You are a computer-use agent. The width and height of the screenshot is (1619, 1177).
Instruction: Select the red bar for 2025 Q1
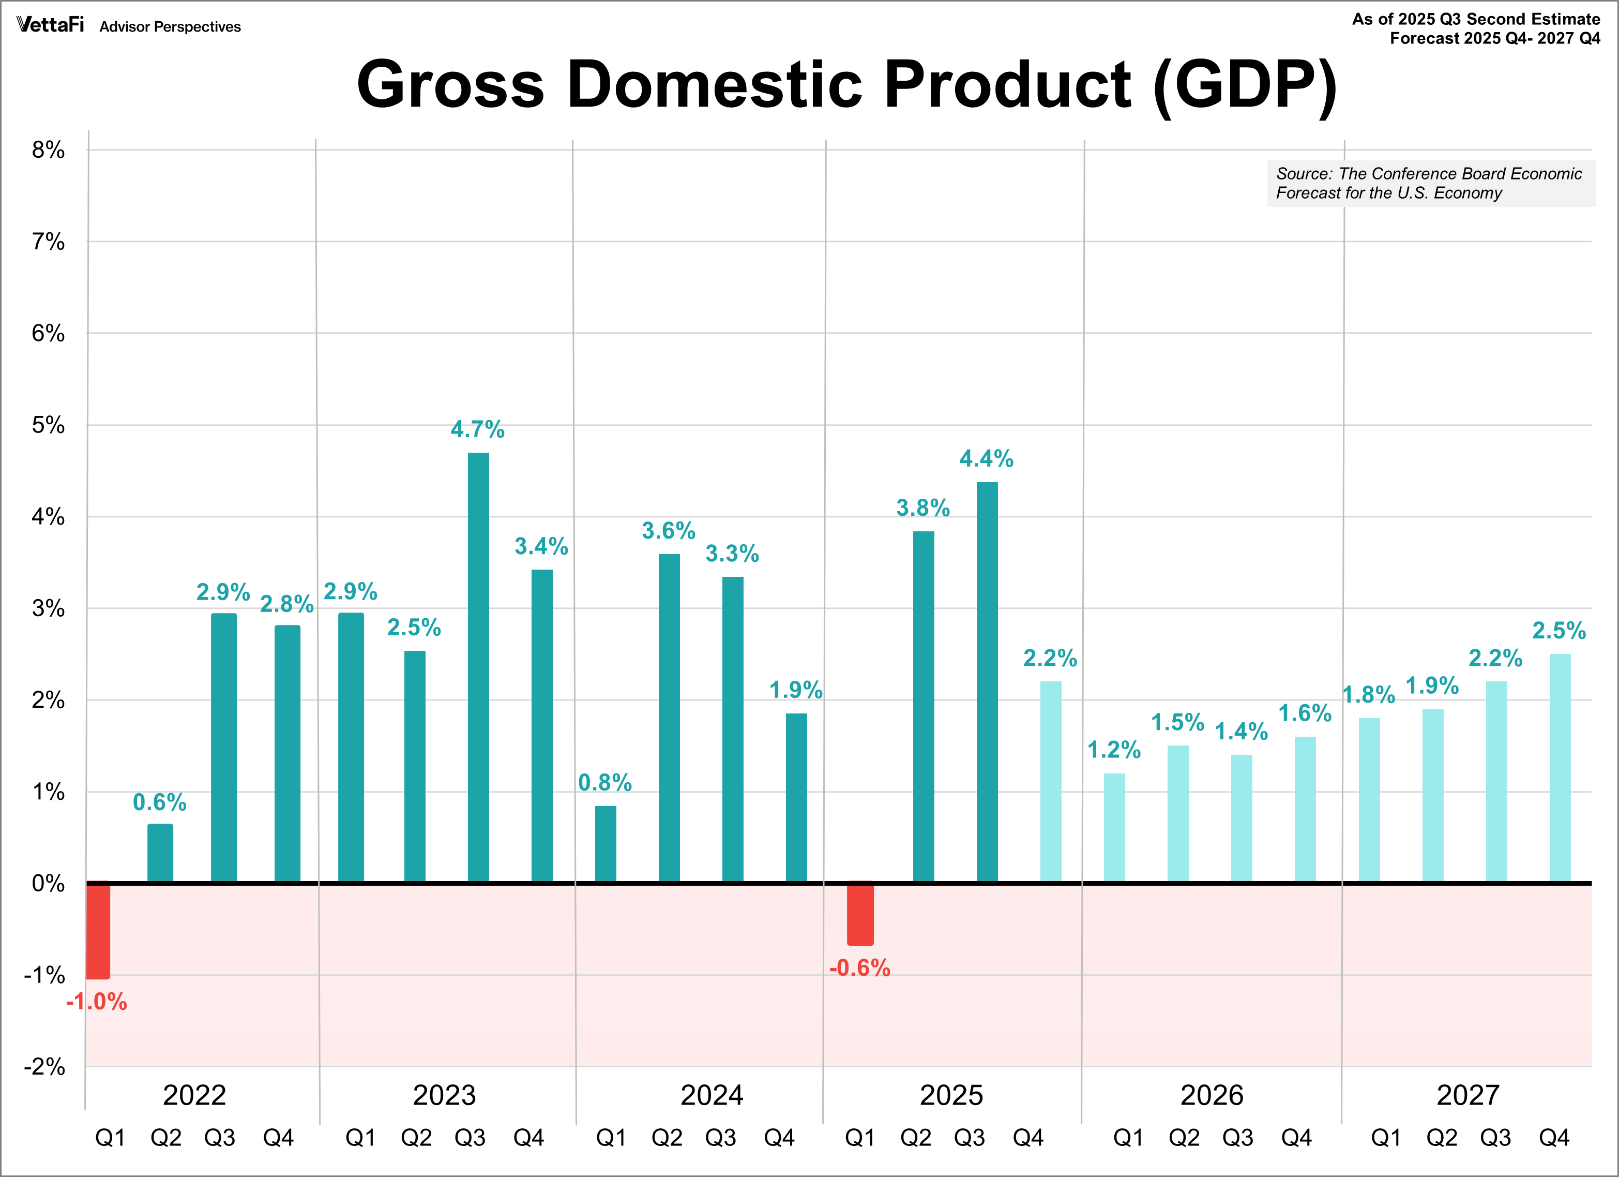pos(860,914)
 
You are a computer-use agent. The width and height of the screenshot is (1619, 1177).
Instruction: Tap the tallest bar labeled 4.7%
pos(478,668)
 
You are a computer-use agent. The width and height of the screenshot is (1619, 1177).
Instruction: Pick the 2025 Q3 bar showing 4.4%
pos(987,682)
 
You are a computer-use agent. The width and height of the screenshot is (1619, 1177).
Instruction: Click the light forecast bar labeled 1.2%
pos(1114,828)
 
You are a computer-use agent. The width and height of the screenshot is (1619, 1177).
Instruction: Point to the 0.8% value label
pos(604,783)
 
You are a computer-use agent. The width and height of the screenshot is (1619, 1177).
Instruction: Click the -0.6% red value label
pos(859,969)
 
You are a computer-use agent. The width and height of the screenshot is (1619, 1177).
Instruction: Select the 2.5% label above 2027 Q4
pos(1559,631)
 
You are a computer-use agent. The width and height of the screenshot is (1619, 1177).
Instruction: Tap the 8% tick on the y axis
pos(48,150)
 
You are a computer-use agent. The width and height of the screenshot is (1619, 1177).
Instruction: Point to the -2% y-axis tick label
pos(44,1067)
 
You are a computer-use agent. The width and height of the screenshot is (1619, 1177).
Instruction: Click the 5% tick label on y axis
pos(48,426)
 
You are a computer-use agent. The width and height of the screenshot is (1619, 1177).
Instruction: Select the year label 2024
pos(712,1095)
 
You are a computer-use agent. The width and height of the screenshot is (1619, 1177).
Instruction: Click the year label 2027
pos(1467,1095)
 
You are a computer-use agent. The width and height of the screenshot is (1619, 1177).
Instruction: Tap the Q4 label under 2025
pos(1028,1138)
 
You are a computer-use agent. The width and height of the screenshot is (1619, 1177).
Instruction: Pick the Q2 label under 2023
pos(416,1138)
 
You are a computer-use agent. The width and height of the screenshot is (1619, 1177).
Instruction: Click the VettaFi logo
pos(51,25)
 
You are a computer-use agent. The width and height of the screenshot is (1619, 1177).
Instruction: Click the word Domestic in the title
pos(715,84)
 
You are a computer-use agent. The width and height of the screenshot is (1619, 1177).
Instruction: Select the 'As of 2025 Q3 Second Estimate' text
pos(1476,19)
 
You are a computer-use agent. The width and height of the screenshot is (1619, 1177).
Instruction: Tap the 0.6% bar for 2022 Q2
pos(160,854)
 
